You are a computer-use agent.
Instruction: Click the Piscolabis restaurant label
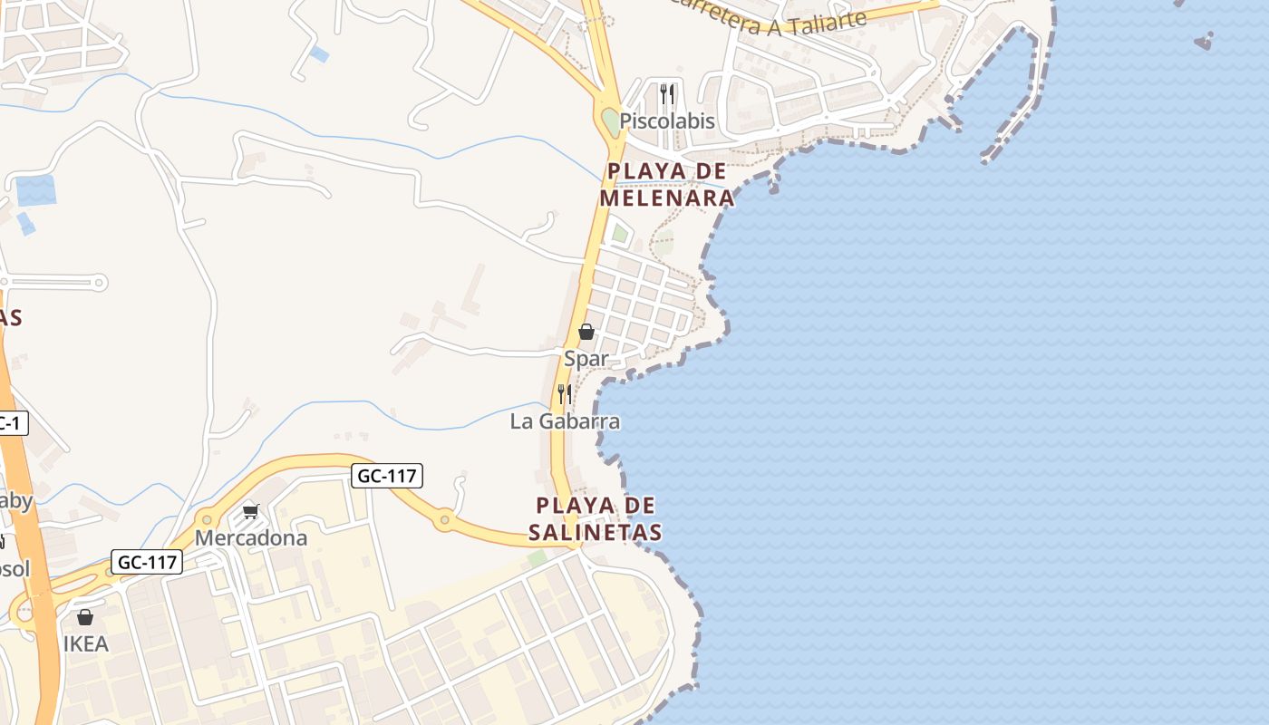667,121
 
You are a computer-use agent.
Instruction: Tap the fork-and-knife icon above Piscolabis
667,93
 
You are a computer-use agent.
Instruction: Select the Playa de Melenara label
666,184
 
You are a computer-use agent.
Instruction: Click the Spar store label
586,358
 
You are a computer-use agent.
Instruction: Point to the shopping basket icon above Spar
586,333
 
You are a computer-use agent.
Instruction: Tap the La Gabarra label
565,420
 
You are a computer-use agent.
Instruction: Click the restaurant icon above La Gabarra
564,393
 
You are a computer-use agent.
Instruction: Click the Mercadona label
251,537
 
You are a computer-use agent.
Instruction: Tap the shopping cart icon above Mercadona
251,512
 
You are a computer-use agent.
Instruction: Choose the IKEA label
86,643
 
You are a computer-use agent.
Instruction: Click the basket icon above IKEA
85,618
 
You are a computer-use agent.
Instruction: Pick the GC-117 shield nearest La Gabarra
387,475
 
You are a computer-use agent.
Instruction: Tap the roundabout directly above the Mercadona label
208,520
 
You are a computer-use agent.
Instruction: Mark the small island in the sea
1204,41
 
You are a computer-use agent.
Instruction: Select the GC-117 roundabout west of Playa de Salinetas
444,519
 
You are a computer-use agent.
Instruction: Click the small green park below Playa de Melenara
620,234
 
